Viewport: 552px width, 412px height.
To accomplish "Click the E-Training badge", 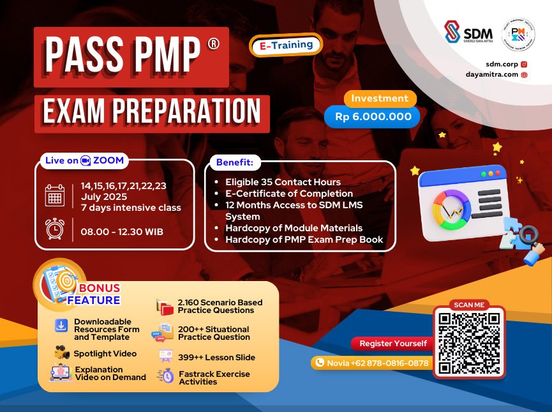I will coord(287,45).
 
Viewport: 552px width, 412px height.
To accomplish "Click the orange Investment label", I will coord(380,98).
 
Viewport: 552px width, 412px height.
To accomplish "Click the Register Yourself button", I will coord(392,344).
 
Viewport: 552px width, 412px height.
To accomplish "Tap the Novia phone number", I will coord(370,363).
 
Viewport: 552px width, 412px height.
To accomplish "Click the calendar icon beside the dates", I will coord(55,195).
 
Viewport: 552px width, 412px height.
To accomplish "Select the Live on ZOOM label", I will coord(84,160).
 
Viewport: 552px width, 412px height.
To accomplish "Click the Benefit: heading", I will coord(234,163).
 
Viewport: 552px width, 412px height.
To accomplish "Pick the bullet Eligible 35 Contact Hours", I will coord(283,182).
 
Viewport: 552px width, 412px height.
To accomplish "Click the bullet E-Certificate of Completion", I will coord(288,194).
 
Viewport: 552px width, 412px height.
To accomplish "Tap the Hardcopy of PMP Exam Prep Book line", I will coord(304,240).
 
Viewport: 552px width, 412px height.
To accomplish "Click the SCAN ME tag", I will coord(469,305).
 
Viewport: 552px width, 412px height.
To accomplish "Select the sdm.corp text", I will coord(502,65).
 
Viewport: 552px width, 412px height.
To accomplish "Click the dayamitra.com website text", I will coord(492,75).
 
